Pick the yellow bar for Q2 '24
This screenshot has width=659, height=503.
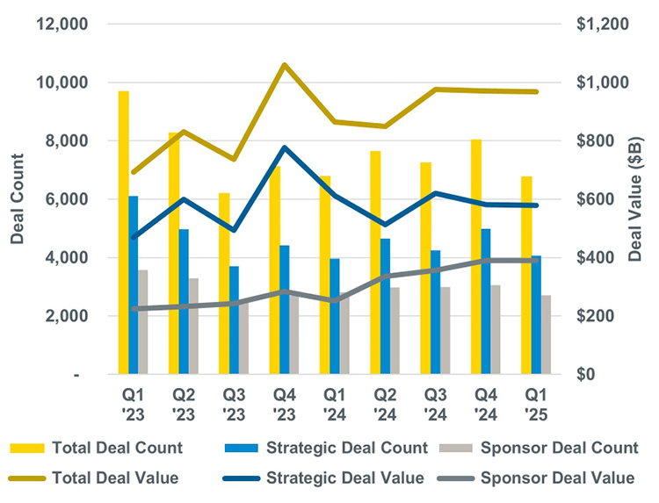(375, 262)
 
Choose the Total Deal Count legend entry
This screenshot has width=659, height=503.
(97, 448)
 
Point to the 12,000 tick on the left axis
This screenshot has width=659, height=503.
(61, 24)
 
